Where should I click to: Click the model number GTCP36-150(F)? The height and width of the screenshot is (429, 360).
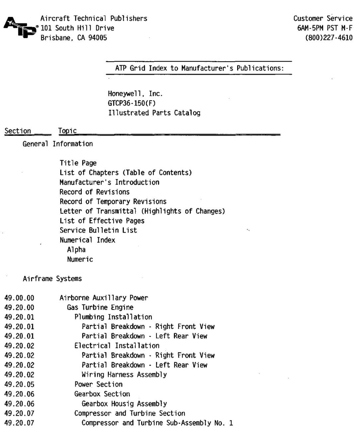click(132, 103)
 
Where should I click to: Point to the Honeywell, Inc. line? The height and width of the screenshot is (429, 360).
click(135, 94)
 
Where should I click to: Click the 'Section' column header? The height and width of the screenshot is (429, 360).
click(18, 131)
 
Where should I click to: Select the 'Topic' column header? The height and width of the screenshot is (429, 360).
click(67, 131)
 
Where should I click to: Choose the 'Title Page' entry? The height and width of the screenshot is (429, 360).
click(78, 163)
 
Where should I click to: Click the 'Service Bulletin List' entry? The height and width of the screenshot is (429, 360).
click(98, 230)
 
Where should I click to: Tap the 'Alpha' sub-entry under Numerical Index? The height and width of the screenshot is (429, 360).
click(76, 250)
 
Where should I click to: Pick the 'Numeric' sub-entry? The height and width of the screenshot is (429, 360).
click(80, 259)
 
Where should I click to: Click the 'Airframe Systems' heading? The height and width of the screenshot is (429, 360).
click(52, 279)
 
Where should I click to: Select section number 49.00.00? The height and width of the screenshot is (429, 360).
click(19, 298)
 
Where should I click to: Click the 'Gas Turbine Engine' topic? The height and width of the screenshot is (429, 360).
click(100, 307)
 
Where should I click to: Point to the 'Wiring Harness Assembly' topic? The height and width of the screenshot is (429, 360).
click(124, 375)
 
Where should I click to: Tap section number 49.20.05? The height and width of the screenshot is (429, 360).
click(19, 385)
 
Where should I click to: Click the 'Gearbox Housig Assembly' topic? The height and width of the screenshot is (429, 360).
click(124, 404)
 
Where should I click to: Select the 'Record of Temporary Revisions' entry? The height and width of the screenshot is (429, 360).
click(113, 202)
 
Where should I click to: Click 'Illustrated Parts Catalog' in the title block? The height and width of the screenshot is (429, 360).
click(154, 113)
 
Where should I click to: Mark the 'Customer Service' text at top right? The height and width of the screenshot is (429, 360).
click(323, 19)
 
